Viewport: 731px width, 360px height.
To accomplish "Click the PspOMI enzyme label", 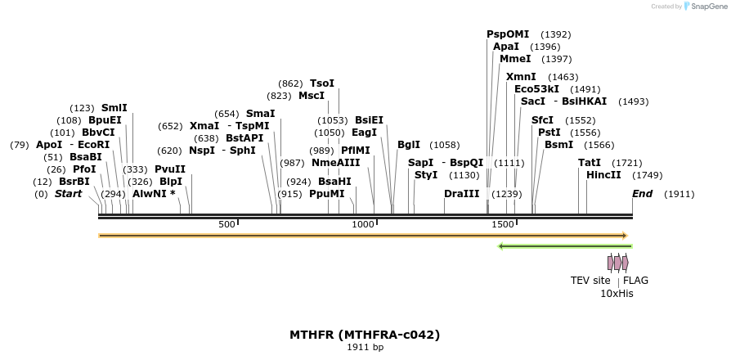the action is pyautogui.click(x=508, y=34).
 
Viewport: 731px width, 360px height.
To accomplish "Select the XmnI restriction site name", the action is pyautogui.click(x=521, y=76).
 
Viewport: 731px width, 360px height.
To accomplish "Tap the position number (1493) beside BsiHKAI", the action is pyautogui.click(x=633, y=101).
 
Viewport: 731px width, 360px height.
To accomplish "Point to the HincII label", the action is pyautogui.click(x=603, y=175).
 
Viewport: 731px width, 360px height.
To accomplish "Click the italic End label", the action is pyautogui.click(x=642, y=194).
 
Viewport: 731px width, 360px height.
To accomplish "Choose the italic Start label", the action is pyautogui.click(x=68, y=194).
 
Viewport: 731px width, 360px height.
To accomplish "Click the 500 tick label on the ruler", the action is pyautogui.click(x=226, y=224).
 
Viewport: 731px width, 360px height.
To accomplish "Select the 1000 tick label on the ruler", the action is pyautogui.click(x=363, y=224).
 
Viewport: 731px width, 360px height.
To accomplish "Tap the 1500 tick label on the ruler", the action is pyautogui.click(x=503, y=224).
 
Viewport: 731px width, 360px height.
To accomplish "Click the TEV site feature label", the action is pyautogui.click(x=590, y=281).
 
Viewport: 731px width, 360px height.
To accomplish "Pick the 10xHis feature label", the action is pyautogui.click(x=617, y=293).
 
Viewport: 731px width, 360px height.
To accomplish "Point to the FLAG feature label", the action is pyautogui.click(x=635, y=281).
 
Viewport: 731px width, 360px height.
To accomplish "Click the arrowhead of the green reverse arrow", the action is pyautogui.click(x=500, y=246).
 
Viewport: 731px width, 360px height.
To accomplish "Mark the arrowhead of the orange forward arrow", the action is pyautogui.click(x=626, y=236).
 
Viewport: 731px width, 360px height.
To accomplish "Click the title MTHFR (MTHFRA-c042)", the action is pyautogui.click(x=365, y=335).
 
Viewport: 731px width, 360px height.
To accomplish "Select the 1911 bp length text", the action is pyautogui.click(x=365, y=348).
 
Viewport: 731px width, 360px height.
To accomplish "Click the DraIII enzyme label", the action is pyautogui.click(x=461, y=194).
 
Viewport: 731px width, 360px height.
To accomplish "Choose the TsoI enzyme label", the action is pyautogui.click(x=322, y=83).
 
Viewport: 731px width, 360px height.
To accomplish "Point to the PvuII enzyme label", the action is pyautogui.click(x=170, y=169).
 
